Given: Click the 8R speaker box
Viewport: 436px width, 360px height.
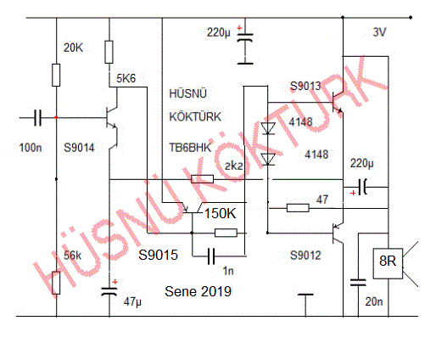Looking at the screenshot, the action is [x=388, y=263].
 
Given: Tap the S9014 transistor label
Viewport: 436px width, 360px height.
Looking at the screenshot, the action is [x=79, y=148].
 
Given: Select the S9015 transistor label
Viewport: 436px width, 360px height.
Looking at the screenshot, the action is [x=158, y=255].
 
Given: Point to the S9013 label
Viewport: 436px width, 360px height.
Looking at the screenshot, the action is [x=305, y=86].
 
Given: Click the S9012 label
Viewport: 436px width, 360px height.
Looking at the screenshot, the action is [x=305, y=256].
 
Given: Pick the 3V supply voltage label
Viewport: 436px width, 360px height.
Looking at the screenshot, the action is [x=379, y=32].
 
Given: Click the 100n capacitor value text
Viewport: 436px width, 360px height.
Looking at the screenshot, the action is [x=31, y=148].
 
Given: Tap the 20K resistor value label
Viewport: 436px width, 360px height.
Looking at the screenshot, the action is [x=73, y=48].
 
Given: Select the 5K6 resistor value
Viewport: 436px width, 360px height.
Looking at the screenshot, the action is [x=126, y=78].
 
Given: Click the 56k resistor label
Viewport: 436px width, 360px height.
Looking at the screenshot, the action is [x=72, y=256].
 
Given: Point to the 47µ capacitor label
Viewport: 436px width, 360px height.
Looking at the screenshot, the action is [x=132, y=301].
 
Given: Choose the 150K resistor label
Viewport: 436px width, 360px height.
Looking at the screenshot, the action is [x=221, y=213].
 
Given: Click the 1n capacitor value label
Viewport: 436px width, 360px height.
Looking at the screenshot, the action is [x=228, y=271].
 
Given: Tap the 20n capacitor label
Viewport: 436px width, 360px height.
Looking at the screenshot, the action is [x=374, y=301].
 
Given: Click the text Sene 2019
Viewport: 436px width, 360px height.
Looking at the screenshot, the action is [x=198, y=291].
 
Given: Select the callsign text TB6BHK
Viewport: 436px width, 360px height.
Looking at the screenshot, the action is [x=190, y=148].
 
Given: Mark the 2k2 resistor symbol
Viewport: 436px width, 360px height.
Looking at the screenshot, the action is [x=202, y=179].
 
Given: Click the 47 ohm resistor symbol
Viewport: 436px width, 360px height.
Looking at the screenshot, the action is [x=298, y=208].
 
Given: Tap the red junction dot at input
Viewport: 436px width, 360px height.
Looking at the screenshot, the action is [x=56, y=117].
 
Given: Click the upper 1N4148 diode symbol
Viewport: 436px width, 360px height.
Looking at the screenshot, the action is [x=268, y=128].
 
